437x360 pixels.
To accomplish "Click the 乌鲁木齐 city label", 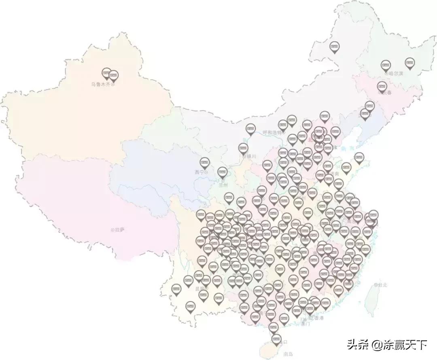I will [x=100, y=85].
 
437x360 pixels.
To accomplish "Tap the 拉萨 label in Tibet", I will [x=120, y=230].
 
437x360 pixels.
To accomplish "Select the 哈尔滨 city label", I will [x=396, y=74].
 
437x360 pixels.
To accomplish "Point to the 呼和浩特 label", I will [x=272, y=132].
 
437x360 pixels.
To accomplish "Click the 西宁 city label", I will [x=199, y=172].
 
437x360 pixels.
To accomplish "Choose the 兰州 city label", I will [x=223, y=185].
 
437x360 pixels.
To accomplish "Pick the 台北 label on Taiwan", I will [x=383, y=285].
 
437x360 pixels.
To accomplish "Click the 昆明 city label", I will [x=200, y=289].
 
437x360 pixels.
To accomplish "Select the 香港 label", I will [x=319, y=318].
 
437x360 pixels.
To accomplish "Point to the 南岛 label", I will [x=288, y=354].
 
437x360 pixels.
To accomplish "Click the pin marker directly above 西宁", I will [x=204, y=163].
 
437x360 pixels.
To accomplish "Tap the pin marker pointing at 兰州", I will [x=222, y=172].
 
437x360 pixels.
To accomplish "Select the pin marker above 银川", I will [x=243, y=148].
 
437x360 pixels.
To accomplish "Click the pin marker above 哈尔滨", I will [x=386, y=65].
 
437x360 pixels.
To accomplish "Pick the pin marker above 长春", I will [x=382, y=86].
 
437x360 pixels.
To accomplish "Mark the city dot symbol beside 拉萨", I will [x=112, y=230].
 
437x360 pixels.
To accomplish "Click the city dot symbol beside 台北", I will [x=376, y=285].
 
